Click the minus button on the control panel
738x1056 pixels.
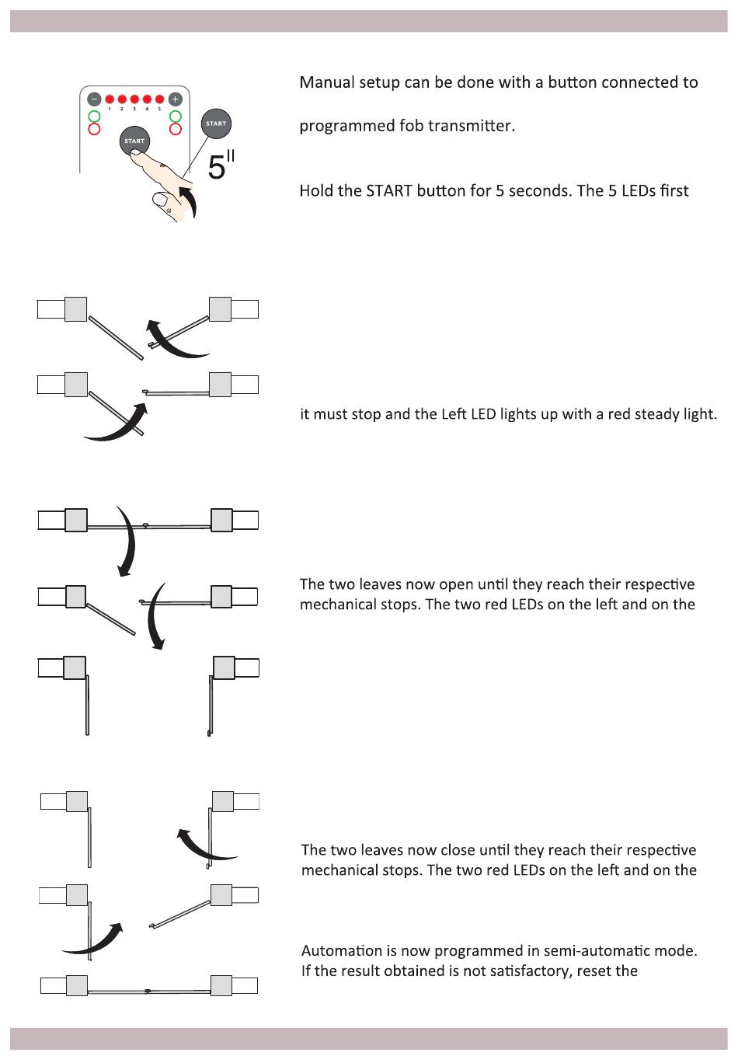[94, 99]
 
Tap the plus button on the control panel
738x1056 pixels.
[176, 99]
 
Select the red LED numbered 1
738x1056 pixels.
[110, 99]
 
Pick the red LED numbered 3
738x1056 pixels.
[134, 99]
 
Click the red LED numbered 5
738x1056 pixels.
[159, 99]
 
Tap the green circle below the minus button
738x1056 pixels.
[94, 117]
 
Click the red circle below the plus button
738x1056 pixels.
[176, 129]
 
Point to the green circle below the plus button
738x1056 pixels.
[176, 117]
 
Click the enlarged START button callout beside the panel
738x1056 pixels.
[216, 124]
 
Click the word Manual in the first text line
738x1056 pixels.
[326, 82]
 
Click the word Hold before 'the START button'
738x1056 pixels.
[317, 191]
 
